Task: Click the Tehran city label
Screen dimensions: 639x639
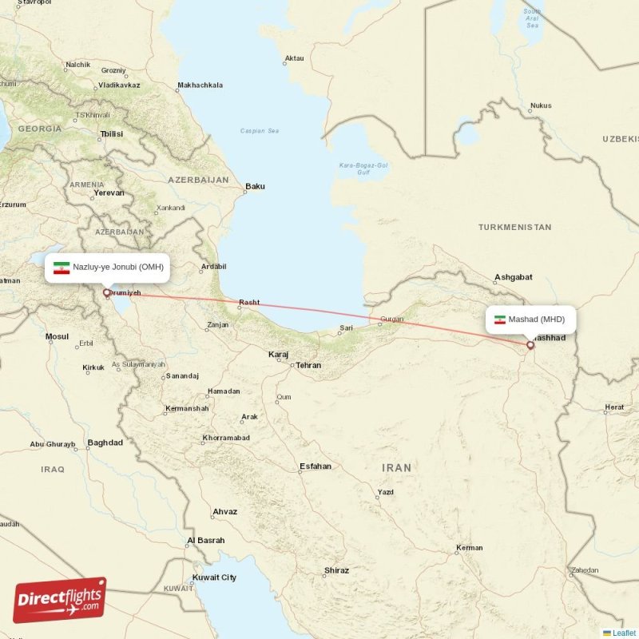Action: click(308, 365)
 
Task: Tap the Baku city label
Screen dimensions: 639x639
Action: click(255, 186)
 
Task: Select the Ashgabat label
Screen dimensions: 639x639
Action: click(513, 277)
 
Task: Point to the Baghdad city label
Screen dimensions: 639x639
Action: click(105, 442)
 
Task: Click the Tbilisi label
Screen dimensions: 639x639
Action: click(111, 134)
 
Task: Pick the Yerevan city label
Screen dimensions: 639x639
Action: click(109, 192)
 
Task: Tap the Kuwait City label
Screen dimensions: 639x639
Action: click(214, 577)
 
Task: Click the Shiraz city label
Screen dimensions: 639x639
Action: click(336, 570)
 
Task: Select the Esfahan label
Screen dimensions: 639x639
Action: click(314, 466)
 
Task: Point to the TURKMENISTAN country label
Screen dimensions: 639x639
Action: click(514, 227)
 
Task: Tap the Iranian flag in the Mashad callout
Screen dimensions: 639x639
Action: click(500, 319)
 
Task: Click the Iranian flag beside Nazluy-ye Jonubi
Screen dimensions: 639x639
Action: click(62, 268)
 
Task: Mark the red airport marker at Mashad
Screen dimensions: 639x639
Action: click(530, 346)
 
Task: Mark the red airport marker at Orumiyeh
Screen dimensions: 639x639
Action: click(106, 292)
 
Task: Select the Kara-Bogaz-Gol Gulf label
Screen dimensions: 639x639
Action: click(363, 169)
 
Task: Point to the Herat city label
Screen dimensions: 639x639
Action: click(614, 407)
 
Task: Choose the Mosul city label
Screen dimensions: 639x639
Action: click(57, 336)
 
